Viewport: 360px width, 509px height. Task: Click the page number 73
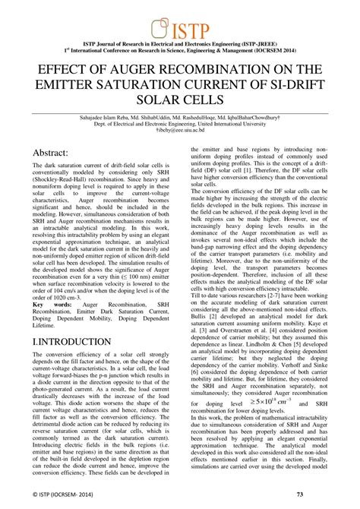[321, 495]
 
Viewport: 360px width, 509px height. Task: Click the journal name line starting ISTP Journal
[180, 47]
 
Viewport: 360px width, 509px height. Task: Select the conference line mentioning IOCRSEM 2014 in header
[180, 53]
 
